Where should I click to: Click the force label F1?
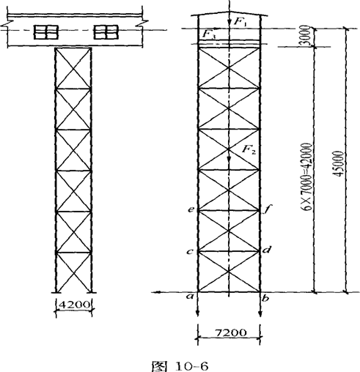pyautogui.click(x=241, y=22)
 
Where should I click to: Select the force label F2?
pyautogui.click(x=249, y=149)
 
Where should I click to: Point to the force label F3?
pyautogui.click(x=209, y=34)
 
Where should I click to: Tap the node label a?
pyautogui.click(x=190, y=297)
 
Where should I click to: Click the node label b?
pyautogui.click(x=265, y=298)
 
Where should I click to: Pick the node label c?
pyautogui.click(x=190, y=251)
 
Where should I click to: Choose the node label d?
pyautogui.click(x=267, y=250)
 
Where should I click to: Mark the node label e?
pyautogui.click(x=191, y=209)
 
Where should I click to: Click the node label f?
pyautogui.click(x=267, y=209)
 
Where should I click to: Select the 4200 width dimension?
pyautogui.click(x=74, y=305)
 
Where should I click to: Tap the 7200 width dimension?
pyautogui.click(x=231, y=332)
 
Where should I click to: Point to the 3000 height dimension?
pyautogui.click(x=305, y=36)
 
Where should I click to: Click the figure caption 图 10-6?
pyautogui.click(x=180, y=366)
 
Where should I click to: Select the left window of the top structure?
pyautogui.click(x=46, y=32)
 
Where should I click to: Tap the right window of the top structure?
pyautogui.click(x=106, y=32)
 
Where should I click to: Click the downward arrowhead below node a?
pyautogui.click(x=197, y=314)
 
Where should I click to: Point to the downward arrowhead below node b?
pyautogui.click(x=260, y=314)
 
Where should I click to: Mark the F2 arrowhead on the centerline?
pyautogui.click(x=229, y=158)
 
